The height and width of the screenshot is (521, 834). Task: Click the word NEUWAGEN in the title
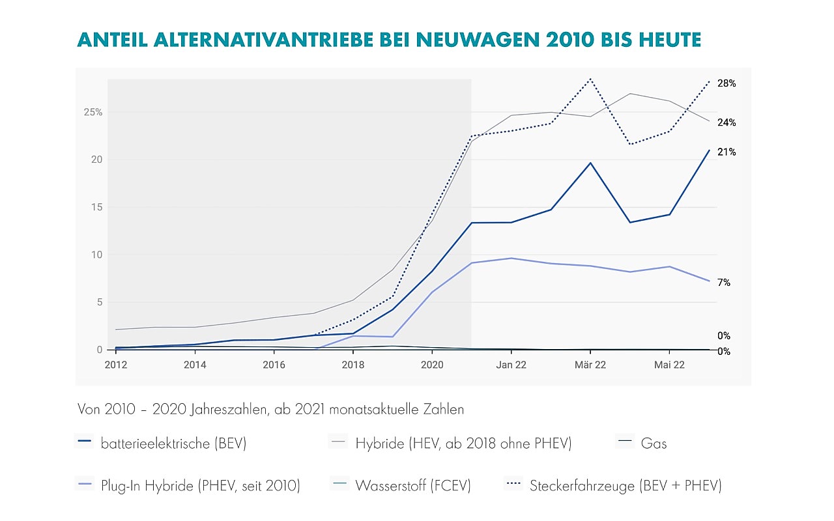(x=455, y=40)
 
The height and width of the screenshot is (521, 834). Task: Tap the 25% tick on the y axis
(x=93, y=112)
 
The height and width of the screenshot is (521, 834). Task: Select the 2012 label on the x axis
(x=116, y=365)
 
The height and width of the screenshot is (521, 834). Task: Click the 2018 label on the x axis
(x=353, y=365)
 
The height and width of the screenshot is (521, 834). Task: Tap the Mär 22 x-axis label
(x=590, y=365)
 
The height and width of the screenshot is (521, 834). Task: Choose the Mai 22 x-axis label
(x=669, y=365)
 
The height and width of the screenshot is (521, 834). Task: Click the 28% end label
(x=726, y=83)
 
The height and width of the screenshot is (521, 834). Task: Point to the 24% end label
(x=726, y=122)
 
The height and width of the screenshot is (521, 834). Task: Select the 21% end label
(x=726, y=152)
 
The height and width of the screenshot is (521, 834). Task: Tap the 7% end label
(x=724, y=283)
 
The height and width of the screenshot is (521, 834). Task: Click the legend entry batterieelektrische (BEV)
(x=173, y=444)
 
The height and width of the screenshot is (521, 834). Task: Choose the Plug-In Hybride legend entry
(x=200, y=485)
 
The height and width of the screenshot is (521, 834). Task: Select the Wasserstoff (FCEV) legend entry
(x=412, y=485)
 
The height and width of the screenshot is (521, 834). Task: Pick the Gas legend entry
(x=654, y=444)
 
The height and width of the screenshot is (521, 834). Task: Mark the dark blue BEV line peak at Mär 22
(x=590, y=163)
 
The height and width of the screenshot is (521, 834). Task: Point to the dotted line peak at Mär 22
(x=590, y=79)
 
